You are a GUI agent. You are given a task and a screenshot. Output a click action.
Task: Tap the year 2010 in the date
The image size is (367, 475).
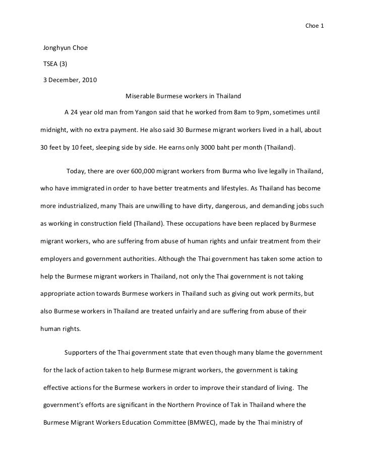pyautogui.click(x=89, y=80)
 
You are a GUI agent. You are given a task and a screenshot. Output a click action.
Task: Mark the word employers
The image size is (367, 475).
pyautogui.click(x=58, y=258)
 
